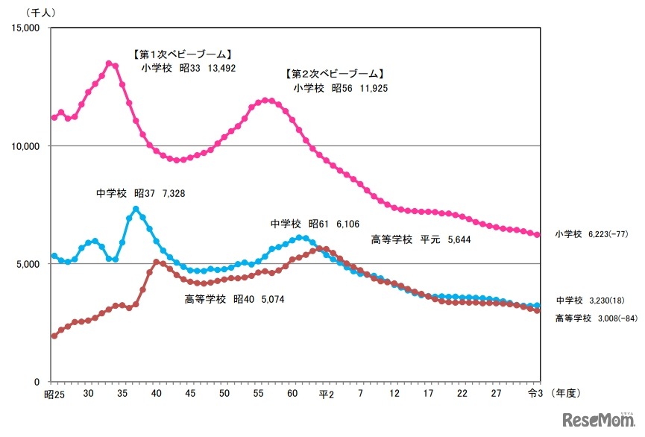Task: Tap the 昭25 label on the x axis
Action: [x=54, y=394]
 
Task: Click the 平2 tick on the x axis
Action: [x=326, y=394]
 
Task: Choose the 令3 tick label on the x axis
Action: [x=537, y=394]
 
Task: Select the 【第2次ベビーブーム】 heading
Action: [x=334, y=74]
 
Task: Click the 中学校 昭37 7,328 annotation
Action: [x=140, y=193]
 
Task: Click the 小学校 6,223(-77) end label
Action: [x=591, y=233]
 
